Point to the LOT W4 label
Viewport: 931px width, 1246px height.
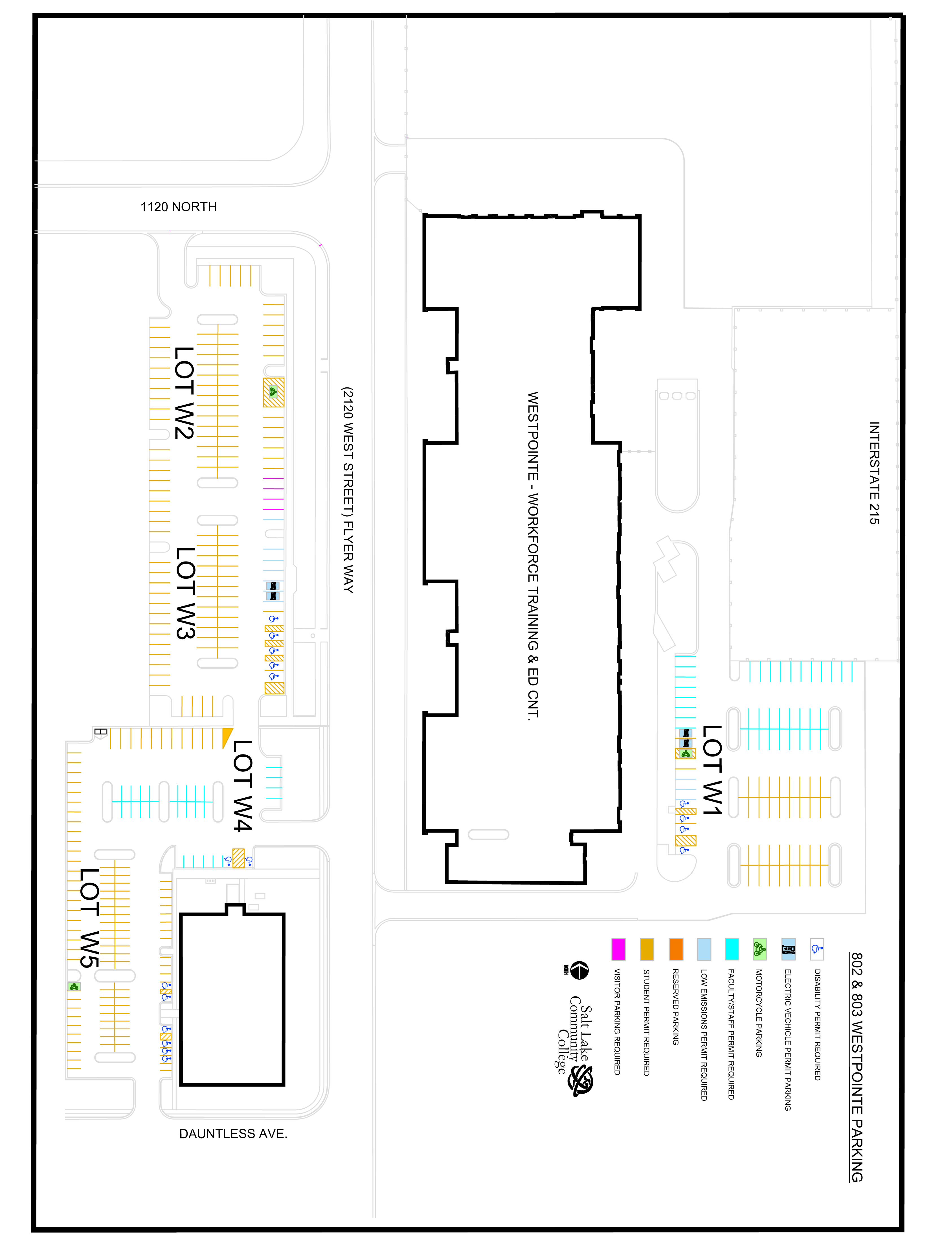(243, 786)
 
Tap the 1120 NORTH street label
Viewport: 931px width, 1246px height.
(179, 207)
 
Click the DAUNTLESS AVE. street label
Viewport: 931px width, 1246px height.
(233, 1134)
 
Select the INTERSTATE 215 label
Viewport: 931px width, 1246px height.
(874, 473)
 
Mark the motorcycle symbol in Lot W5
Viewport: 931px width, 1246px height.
(74, 986)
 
